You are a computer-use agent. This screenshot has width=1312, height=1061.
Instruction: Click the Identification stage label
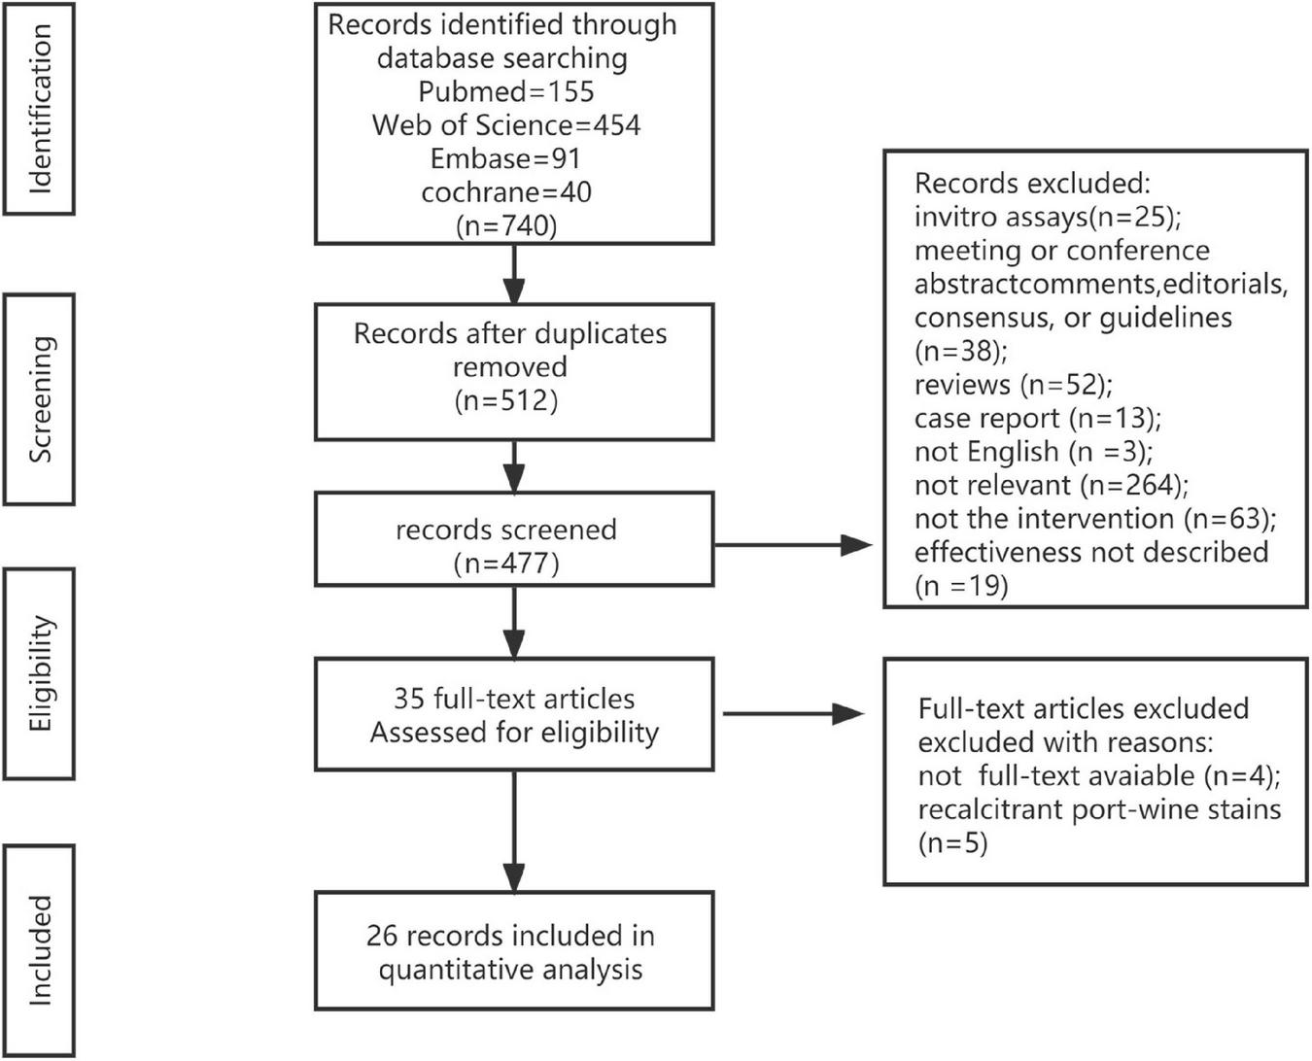click(39, 108)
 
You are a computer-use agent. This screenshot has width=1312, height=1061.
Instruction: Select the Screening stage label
click(39, 399)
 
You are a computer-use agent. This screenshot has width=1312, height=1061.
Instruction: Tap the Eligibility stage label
click(39, 673)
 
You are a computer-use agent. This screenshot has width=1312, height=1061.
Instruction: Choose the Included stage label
click(39, 950)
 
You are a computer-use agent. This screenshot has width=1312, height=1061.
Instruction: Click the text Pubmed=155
click(505, 91)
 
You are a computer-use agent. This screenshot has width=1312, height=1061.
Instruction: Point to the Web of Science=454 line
click(505, 124)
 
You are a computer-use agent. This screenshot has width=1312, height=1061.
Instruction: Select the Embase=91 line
click(505, 158)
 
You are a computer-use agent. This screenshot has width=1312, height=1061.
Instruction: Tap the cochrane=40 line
click(505, 191)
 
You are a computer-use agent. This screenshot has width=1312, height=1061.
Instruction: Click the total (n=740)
click(505, 225)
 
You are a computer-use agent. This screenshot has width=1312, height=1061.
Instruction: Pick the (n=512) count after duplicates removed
click(505, 400)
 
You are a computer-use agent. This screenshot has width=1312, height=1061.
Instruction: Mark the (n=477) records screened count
click(505, 563)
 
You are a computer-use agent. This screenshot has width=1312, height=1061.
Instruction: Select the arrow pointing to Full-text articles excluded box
click(792, 715)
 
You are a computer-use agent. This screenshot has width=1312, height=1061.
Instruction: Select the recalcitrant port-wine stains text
click(1099, 808)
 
